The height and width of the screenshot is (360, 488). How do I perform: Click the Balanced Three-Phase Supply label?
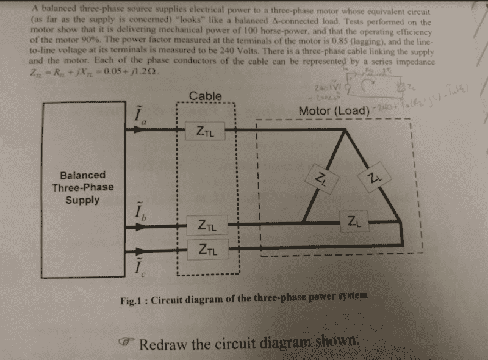click(x=82, y=187)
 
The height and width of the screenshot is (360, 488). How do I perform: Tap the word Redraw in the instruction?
click(x=164, y=343)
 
